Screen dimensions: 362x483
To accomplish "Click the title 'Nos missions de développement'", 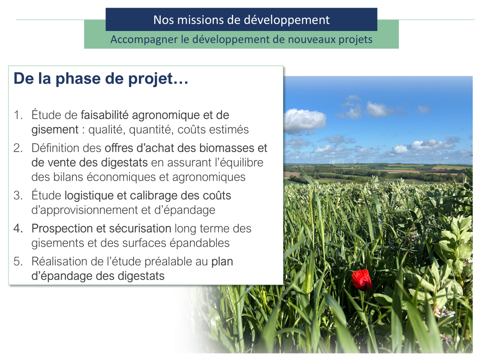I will coord(242,20).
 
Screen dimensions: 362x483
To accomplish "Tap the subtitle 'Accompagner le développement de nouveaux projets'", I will coord(242,40).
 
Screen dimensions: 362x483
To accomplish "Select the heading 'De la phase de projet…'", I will coord(101,79).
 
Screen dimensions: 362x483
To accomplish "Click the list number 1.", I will coord(18,115).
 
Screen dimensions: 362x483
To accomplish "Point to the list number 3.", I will coord(18,195).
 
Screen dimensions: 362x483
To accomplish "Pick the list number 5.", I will coord(18,261).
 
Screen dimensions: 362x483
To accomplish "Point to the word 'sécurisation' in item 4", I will coord(140,228).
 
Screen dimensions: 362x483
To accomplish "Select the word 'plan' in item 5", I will coord(222,261).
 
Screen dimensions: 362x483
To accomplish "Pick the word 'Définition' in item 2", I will coord(56,148).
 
